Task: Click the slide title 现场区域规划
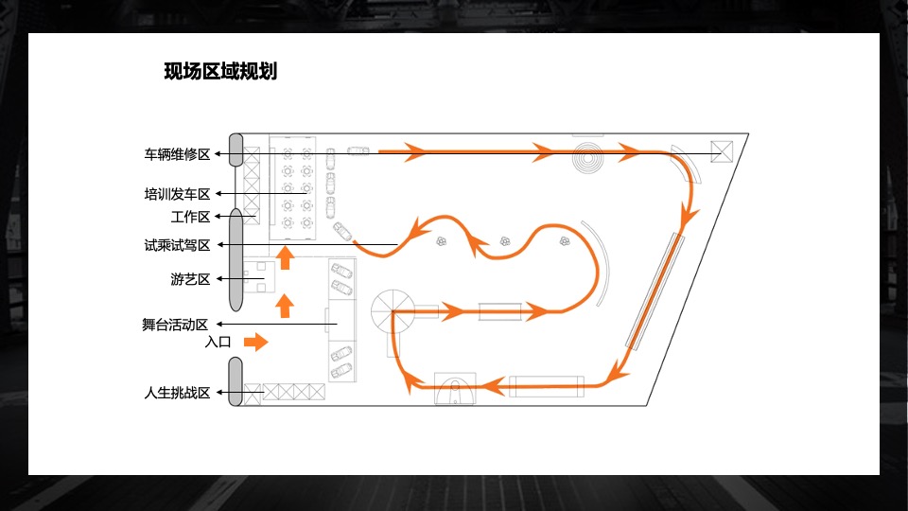[x=220, y=71]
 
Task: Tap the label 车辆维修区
[x=177, y=153]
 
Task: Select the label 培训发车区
[x=177, y=195]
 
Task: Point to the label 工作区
[x=189, y=217]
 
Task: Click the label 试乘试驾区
[x=177, y=245]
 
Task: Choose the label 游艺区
[x=189, y=279]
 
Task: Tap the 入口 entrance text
[x=218, y=343]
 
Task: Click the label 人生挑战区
[x=177, y=393]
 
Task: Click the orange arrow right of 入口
[x=256, y=341]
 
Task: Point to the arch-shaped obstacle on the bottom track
[x=455, y=389]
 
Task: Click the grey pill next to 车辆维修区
[x=236, y=152]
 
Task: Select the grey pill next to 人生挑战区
[x=236, y=381]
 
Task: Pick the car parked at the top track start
[x=358, y=150]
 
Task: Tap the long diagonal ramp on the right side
[x=654, y=291]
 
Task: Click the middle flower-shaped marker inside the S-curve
[x=504, y=241]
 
